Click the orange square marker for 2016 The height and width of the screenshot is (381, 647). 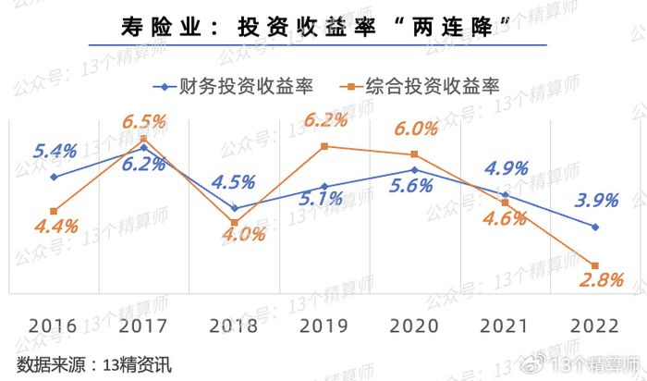click(x=54, y=212)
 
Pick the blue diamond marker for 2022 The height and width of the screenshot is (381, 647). click(x=595, y=227)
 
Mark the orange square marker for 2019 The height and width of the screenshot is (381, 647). click(x=324, y=146)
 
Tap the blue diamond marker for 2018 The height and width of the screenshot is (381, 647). click(x=235, y=208)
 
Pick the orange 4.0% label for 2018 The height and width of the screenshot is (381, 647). click(x=244, y=235)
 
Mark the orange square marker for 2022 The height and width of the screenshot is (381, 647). click(x=595, y=266)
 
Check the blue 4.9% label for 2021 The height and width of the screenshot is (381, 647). click(x=507, y=168)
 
